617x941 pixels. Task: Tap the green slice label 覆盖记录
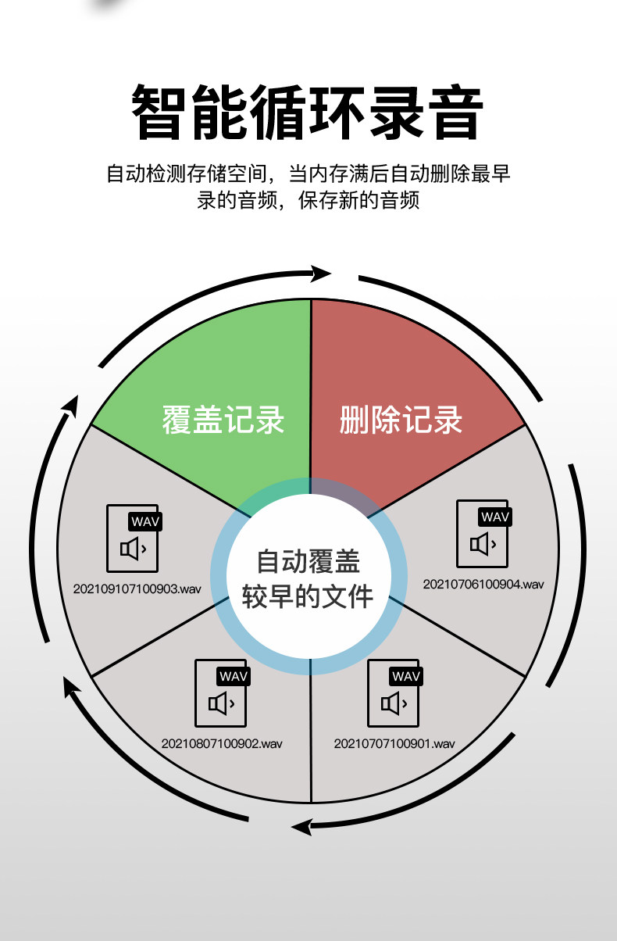click(x=223, y=420)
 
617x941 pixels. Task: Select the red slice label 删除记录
click(x=401, y=420)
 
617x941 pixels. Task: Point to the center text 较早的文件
click(x=308, y=596)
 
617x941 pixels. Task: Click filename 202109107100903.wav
click(x=137, y=589)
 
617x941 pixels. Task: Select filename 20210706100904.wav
click(x=483, y=584)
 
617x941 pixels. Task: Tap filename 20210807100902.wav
click(x=222, y=743)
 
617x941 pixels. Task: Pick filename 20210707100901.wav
click(x=394, y=743)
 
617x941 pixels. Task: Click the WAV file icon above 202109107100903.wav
click(x=134, y=539)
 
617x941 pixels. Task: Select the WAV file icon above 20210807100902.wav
click(x=222, y=694)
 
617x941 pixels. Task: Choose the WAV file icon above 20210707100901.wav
click(x=394, y=694)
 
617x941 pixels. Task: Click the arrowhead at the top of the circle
click(x=320, y=273)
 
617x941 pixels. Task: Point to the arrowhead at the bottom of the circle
click(x=301, y=825)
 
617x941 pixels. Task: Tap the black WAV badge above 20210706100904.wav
click(x=495, y=517)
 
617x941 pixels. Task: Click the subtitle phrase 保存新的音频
click(x=366, y=200)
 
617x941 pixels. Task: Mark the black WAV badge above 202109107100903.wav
click(x=145, y=521)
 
